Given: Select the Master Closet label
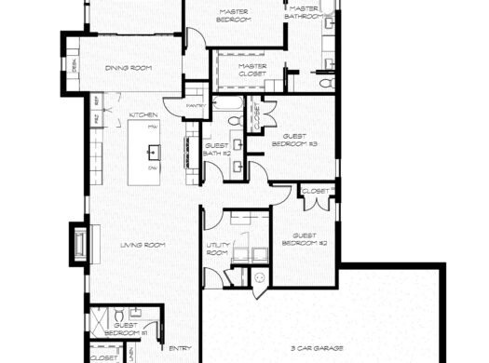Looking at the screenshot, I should pos(252,70).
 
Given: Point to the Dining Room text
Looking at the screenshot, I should pos(129,67).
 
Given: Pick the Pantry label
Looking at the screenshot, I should pos(196,105).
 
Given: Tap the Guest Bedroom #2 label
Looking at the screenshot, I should pos(309,239).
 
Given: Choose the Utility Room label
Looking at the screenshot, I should pos(217,249).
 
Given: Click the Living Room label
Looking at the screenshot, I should pos(143,245).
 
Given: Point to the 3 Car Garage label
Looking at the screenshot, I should pos(316,346).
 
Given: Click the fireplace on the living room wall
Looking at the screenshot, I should pos(81,242).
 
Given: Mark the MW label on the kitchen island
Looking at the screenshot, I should pos(153,125).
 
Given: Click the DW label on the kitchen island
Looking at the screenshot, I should pos(153,168).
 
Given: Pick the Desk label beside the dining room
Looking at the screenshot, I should pos(74,64).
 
